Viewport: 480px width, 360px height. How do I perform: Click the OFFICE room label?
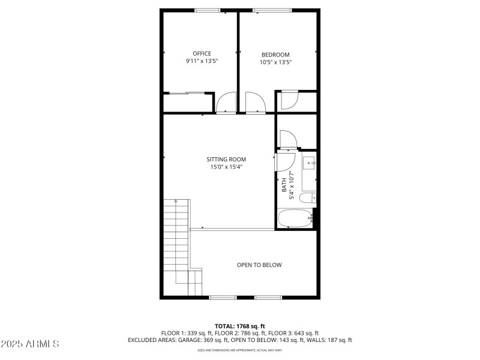[202, 53]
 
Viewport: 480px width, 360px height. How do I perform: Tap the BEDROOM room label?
[275, 55]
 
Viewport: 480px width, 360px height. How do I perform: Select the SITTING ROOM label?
[226, 159]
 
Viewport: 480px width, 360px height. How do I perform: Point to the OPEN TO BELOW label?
[259, 265]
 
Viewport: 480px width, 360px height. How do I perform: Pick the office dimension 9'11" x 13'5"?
[202, 61]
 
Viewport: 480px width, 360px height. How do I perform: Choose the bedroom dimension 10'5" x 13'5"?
[275, 62]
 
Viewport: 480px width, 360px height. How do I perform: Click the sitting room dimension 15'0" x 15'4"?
[226, 167]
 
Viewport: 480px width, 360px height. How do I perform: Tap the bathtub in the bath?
[295, 218]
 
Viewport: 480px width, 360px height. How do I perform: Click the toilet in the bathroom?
[308, 198]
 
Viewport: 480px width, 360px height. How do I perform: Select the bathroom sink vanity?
[309, 164]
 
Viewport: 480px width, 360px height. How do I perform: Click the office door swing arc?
[227, 103]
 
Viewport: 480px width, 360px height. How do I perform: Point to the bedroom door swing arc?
[254, 102]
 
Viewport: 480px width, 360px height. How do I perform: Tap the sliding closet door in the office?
[186, 93]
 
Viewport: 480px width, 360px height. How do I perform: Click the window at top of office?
[207, 10]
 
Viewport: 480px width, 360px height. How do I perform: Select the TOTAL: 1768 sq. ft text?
[239, 326]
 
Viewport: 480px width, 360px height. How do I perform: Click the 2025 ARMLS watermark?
[30, 344]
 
